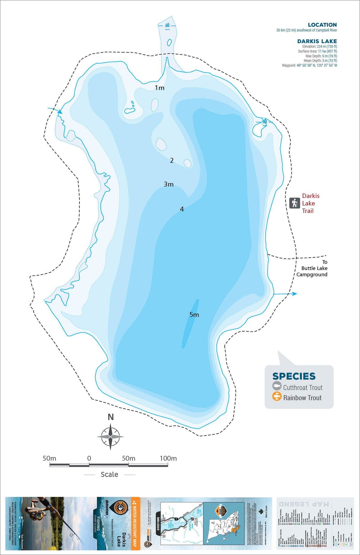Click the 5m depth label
point(194,314)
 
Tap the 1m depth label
point(160,88)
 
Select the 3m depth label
point(169,184)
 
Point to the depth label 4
point(182,209)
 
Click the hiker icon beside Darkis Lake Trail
point(294,203)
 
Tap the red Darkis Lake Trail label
point(310,203)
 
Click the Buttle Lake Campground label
point(312,268)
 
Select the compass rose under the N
point(110,437)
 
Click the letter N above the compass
point(111,417)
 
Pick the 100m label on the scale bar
point(168,458)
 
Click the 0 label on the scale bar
point(89,458)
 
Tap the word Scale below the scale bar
point(109,475)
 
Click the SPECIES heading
point(294,376)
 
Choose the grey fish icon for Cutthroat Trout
point(277,386)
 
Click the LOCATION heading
point(322,25)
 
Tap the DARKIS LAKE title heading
point(317,41)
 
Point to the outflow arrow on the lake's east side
point(293,294)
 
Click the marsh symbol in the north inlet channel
point(168,25)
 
